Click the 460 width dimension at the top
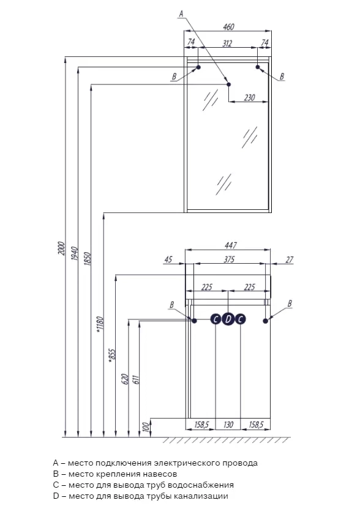pyautogui.click(x=228, y=26)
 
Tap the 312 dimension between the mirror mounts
pyautogui.click(x=227, y=43)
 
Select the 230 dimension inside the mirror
pyautogui.click(x=249, y=97)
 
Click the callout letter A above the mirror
pyautogui.click(x=181, y=13)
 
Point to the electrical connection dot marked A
pyautogui.click(x=229, y=84)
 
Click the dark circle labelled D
pyautogui.click(x=228, y=319)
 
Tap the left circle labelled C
pyautogui.click(x=216, y=319)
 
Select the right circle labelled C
pyautogui.click(x=241, y=319)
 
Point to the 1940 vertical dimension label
pyautogui.click(x=75, y=253)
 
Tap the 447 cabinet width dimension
pyautogui.click(x=230, y=245)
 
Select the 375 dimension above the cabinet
pyautogui.click(x=229, y=259)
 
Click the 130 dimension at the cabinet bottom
pyautogui.click(x=228, y=425)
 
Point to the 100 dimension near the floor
pyautogui.click(x=146, y=426)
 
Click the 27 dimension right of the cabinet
pyautogui.click(x=289, y=259)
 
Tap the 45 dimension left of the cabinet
pyautogui.click(x=168, y=259)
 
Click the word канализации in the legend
pyautogui.click(x=201, y=496)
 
